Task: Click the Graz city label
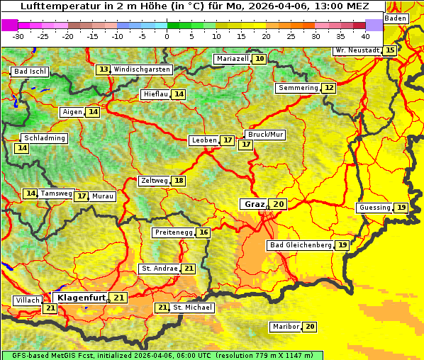(253, 204)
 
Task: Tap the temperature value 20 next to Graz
(279, 204)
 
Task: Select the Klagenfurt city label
(81, 298)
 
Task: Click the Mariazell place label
(232, 59)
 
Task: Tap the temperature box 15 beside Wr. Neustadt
(390, 50)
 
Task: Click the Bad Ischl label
(30, 72)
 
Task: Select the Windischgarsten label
(142, 69)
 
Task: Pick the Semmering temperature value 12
(329, 88)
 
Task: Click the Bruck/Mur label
(265, 134)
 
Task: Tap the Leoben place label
(203, 140)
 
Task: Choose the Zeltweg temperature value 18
(179, 181)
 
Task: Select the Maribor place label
(285, 327)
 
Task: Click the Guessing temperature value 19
(401, 208)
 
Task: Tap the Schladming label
(44, 138)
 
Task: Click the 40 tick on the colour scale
(365, 36)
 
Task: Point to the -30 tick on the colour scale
(18, 36)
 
